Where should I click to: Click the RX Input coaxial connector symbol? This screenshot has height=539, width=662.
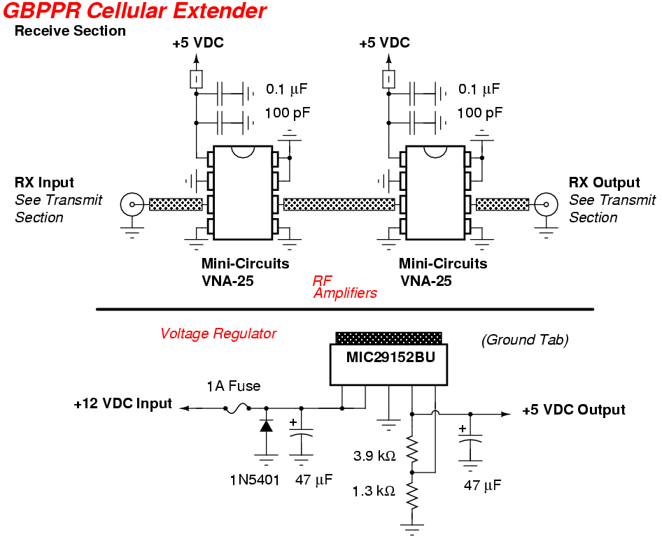131,205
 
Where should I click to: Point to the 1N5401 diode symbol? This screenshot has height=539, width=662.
266,426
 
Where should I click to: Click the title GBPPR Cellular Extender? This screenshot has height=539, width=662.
134,11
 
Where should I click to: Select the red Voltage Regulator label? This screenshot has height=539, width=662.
218,333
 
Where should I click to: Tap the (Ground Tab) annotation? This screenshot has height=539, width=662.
525,340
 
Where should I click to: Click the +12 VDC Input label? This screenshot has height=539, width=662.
122,403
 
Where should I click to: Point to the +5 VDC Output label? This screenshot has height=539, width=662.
574,410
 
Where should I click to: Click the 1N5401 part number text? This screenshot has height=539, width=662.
254,480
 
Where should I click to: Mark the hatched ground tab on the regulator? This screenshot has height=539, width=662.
388,338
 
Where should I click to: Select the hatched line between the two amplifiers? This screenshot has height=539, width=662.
339,204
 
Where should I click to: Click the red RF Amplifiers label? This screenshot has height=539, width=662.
344,287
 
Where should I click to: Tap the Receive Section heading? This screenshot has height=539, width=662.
70,31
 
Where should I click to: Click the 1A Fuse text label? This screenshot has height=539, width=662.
233,386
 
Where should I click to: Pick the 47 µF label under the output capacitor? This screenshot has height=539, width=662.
483,485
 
